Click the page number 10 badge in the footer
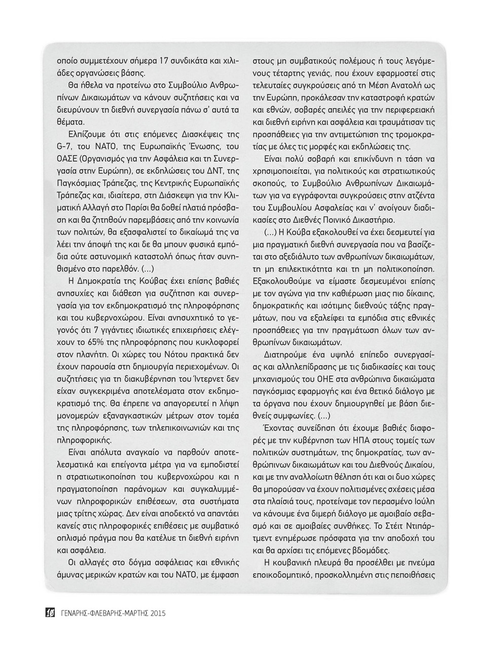point(50,613)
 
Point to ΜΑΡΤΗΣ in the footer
point(131,613)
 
